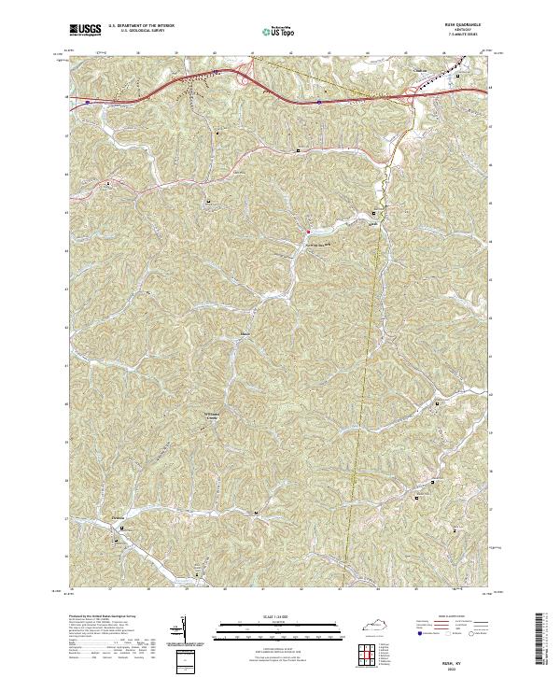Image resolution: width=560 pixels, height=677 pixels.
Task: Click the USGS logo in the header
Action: coord(85,31)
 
